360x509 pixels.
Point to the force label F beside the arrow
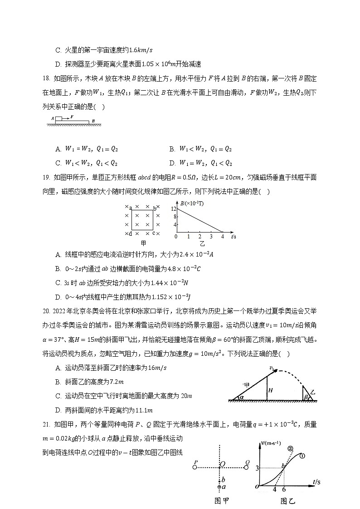tap(72, 116)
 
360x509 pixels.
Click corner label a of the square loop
tap(130, 208)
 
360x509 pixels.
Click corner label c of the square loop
tap(154, 233)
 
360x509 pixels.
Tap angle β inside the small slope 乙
tap(306, 397)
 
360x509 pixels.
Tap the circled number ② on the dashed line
tap(290, 448)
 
